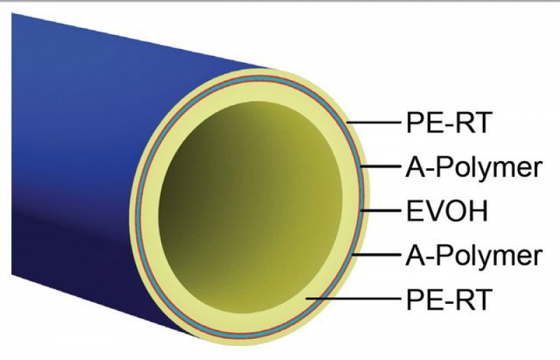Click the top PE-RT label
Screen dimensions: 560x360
coord(448,123)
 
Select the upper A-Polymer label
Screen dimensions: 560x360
coord(474,167)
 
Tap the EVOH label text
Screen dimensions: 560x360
coord(447,211)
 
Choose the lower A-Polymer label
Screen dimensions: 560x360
coord(474,256)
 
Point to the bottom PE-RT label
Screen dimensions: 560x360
coord(448,299)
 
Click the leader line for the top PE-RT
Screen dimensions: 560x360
coord(374,123)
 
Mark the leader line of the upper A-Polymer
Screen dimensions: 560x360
coord(380,167)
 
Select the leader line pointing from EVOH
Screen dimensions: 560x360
coord(380,211)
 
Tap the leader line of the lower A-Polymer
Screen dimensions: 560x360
coord(377,255)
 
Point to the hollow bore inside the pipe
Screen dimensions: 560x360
coord(251,207)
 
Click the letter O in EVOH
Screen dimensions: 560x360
coord(454,211)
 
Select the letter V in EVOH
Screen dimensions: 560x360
coord(433,211)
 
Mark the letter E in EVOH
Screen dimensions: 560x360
coord(414,211)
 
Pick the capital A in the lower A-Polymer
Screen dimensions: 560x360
coord(416,256)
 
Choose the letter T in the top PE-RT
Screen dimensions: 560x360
coord(480,123)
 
